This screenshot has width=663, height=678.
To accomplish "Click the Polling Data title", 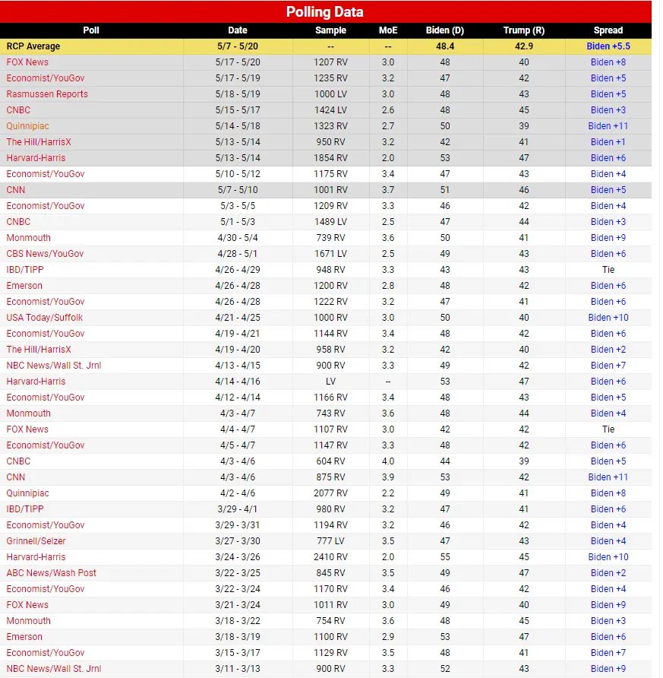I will [324, 11].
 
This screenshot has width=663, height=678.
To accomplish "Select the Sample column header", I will [330, 30].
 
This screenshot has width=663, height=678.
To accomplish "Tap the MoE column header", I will [387, 30].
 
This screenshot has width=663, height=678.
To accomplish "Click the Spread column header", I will [608, 30].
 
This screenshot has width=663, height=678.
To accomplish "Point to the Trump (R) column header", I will [524, 30].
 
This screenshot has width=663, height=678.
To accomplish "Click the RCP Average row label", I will [33, 46].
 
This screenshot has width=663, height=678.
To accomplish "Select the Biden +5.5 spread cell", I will [608, 46].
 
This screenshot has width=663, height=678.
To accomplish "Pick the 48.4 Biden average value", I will [444, 46].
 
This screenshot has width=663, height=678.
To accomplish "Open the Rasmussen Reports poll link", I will [47, 94].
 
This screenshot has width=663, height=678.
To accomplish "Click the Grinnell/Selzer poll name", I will [36, 541].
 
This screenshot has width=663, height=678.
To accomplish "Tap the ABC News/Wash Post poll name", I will [51, 573].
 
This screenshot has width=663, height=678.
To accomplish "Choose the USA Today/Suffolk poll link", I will [45, 318].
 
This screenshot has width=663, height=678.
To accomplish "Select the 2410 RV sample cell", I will [330, 557].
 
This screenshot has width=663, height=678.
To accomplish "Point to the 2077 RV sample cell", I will [330, 493].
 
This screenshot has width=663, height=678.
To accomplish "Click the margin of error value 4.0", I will [387, 461].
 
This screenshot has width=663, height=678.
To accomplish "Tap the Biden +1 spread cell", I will [608, 142].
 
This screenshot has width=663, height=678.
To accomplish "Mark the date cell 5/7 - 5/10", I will [238, 190].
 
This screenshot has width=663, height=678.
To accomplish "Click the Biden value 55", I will [444, 557].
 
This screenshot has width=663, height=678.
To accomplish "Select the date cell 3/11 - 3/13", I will [238, 669].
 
